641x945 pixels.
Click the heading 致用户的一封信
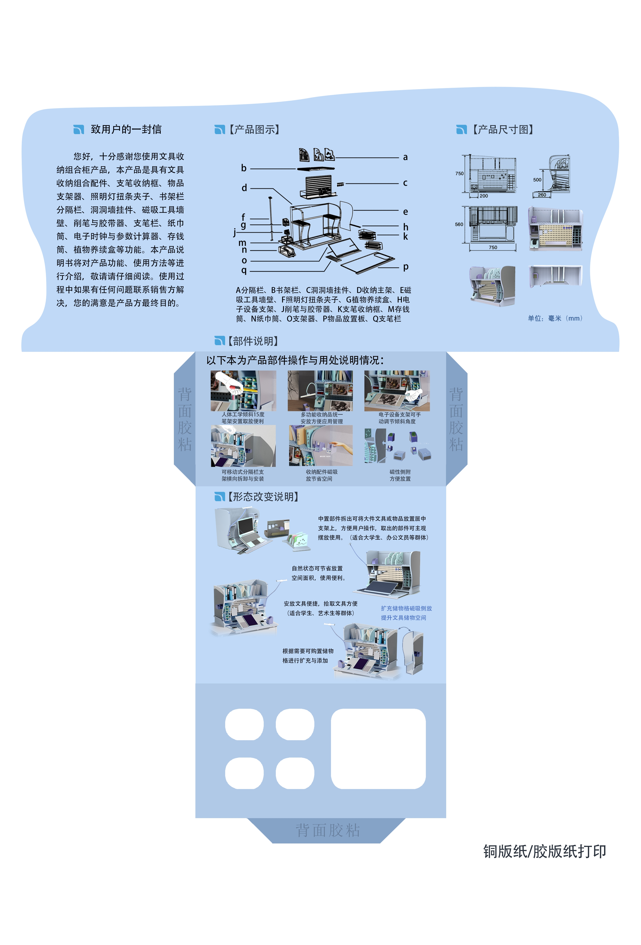click(126, 129)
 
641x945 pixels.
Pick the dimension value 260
click(542, 195)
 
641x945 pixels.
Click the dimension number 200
click(483, 196)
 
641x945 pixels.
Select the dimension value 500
click(537, 180)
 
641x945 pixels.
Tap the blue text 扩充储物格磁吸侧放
click(406, 608)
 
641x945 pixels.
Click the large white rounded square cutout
click(378, 749)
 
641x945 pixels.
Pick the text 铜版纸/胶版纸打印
click(544, 851)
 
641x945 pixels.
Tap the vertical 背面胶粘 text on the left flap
click(185, 419)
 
